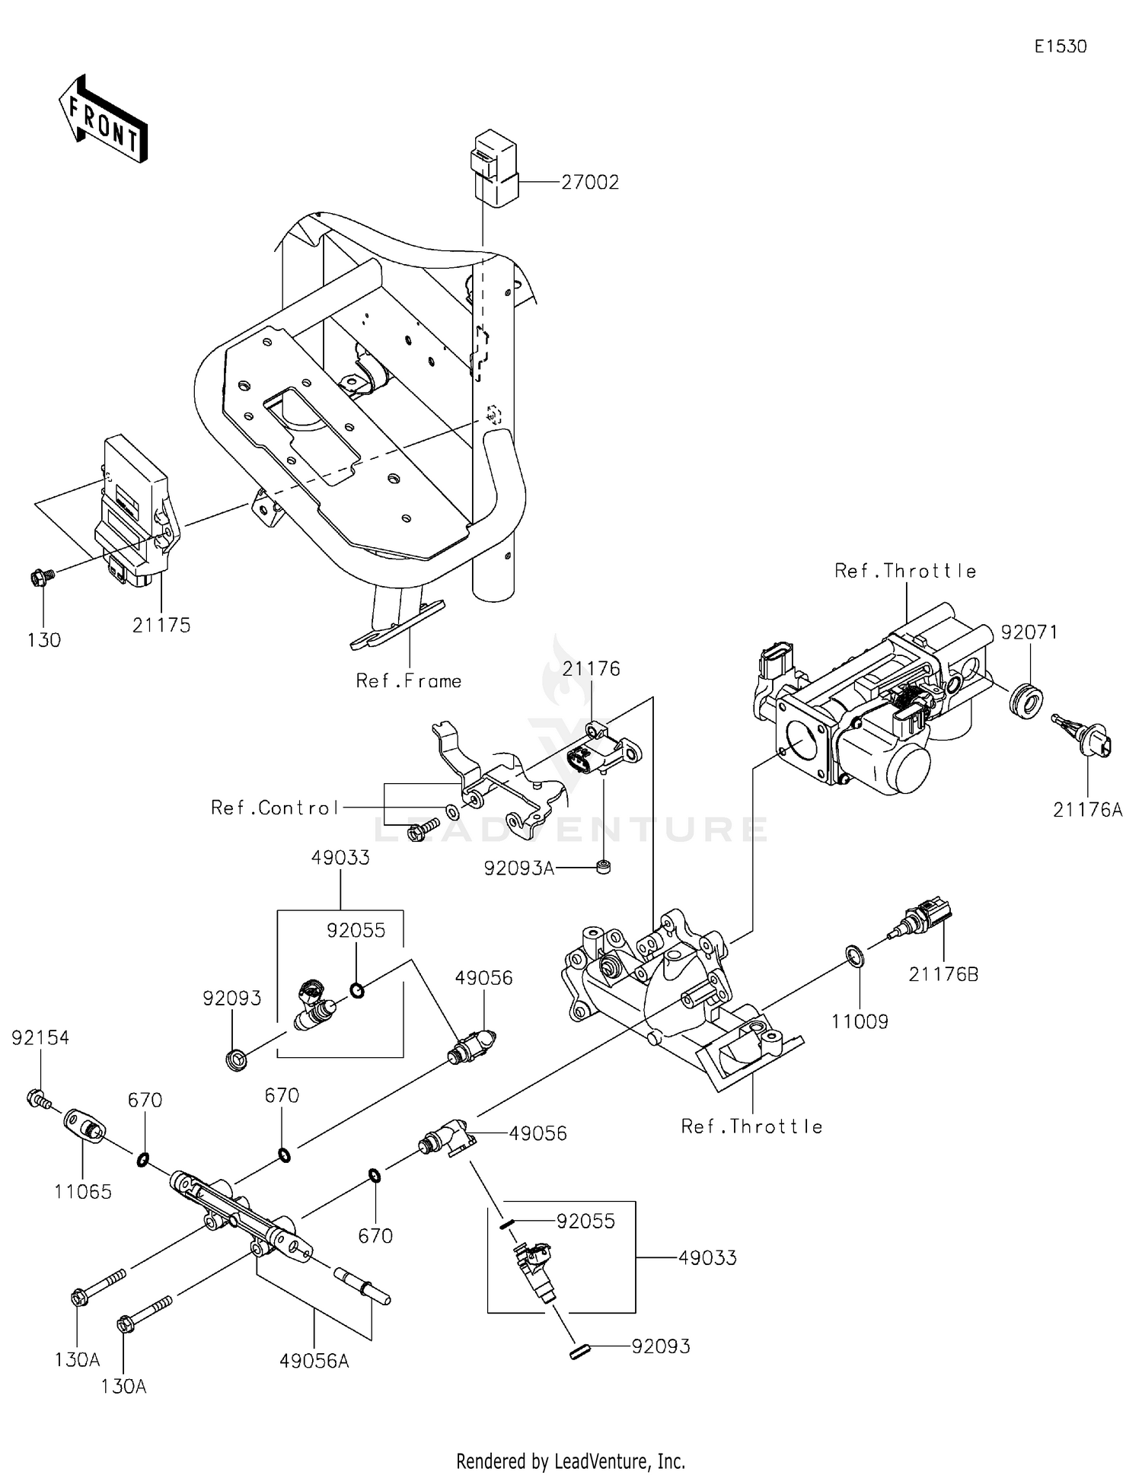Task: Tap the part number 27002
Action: point(590,183)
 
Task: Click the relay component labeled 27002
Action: point(495,169)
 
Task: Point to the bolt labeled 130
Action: point(42,578)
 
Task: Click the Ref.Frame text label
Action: point(409,681)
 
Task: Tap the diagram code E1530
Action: point(1061,46)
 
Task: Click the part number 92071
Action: point(1029,632)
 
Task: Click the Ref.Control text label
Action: point(275,808)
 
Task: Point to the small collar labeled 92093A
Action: point(604,867)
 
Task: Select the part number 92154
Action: point(40,1038)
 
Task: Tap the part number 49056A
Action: point(314,1361)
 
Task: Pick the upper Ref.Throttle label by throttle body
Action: point(905,571)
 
